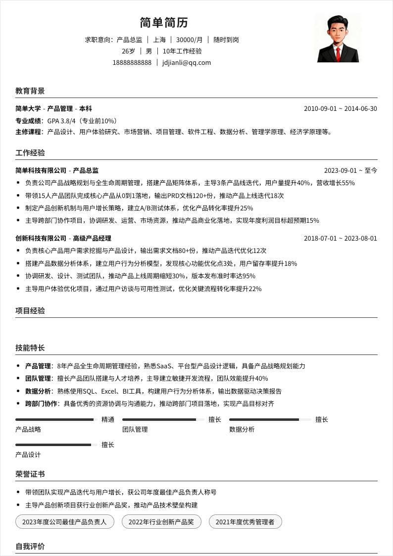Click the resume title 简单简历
(164, 23)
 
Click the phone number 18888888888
(132, 63)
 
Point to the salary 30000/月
(189, 40)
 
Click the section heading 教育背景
(30, 91)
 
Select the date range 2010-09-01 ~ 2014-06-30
(340, 109)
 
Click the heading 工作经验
(30, 152)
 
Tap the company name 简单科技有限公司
(41, 170)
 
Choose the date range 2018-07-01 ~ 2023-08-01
(340, 238)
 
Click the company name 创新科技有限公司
(41, 238)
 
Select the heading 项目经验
(30, 311)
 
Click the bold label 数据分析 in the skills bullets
(38, 391)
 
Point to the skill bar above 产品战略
(54, 420)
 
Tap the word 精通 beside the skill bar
(108, 420)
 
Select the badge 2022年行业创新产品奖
(161, 522)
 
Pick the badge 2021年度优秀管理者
(245, 522)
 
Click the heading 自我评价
(30, 547)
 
